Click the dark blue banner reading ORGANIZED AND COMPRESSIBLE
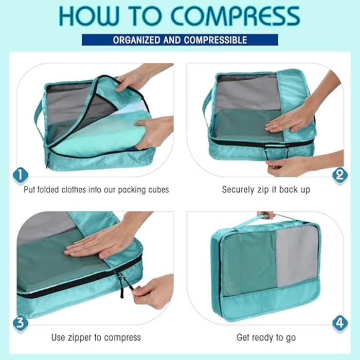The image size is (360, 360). click(180, 40)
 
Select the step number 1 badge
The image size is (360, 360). click(20, 176)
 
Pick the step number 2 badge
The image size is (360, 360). click(339, 176)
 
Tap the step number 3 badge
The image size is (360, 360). click(20, 323)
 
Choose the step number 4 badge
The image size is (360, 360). click(339, 323)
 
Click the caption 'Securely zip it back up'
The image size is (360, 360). click(266, 190)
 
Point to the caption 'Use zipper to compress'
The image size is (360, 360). click(96, 338)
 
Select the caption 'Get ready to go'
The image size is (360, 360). click(266, 338)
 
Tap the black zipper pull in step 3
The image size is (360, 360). click(122, 285)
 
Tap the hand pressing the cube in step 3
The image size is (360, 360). click(103, 242)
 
